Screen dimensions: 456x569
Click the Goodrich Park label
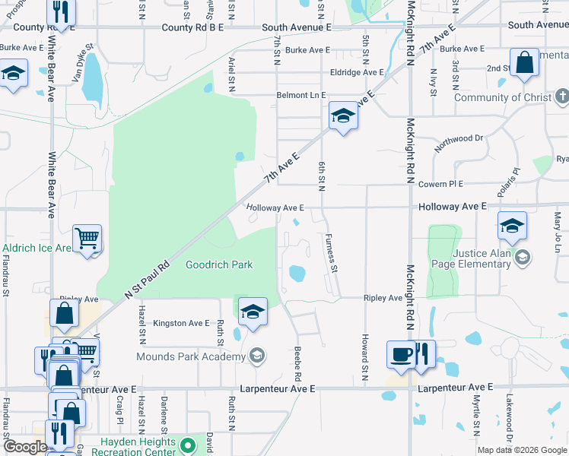click(x=219, y=264)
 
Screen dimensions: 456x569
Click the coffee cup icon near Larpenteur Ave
click(x=401, y=353)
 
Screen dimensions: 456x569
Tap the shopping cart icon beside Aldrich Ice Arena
click(x=87, y=238)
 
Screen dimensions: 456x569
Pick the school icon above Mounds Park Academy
click(x=253, y=312)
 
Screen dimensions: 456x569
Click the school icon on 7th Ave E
click(x=343, y=116)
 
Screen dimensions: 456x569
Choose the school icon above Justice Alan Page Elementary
click(x=512, y=226)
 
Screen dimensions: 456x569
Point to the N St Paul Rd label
click(x=146, y=280)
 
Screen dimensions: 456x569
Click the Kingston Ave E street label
click(x=181, y=324)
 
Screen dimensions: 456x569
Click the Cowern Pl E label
click(x=440, y=184)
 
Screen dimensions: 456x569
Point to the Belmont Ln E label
click(x=300, y=95)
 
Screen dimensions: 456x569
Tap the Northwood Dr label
click(x=459, y=144)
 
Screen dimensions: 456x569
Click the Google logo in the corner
click(x=25, y=447)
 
